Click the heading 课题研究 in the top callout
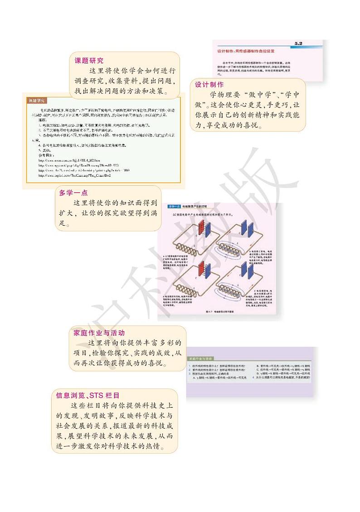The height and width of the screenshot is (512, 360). pyautogui.click(x=89, y=60)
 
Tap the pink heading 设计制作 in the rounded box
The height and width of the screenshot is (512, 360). pyautogui.click(x=209, y=85)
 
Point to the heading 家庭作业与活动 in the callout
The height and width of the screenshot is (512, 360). pyautogui.click(x=99, y=333)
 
